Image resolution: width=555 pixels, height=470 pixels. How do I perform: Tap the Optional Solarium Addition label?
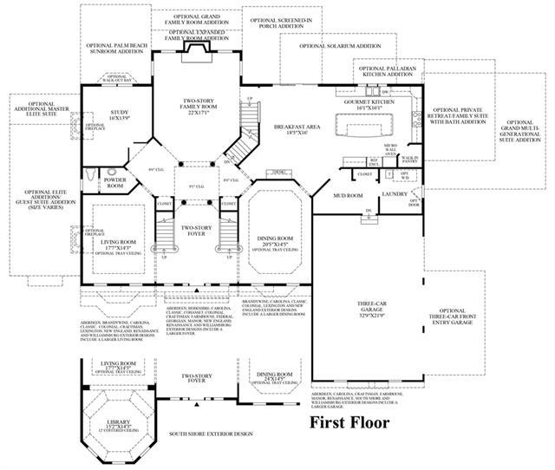342,47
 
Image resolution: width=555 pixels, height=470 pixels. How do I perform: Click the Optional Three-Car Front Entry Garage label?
458,322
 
